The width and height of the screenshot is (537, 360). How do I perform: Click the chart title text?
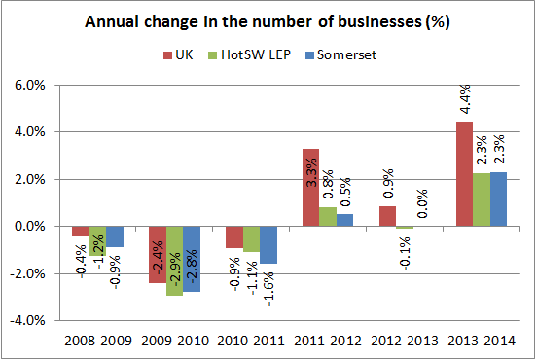[273, 21]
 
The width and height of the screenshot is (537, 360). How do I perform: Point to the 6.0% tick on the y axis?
[28, 85]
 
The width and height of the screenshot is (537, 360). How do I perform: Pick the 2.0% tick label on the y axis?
[28, 179]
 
